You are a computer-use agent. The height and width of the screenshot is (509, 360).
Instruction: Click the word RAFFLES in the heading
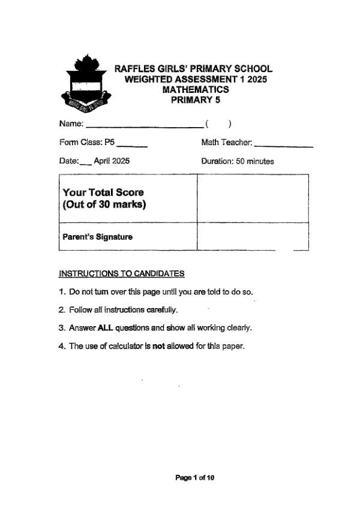[x=135, y=69]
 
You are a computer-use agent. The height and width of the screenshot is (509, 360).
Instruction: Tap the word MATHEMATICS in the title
[x=196, y=89]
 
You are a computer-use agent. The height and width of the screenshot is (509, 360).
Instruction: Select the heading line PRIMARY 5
[x=196, y=100]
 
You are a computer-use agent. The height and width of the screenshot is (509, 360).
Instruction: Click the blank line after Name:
[x=144, y=125]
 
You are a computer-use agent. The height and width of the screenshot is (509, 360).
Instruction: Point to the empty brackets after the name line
[x=218, y=124]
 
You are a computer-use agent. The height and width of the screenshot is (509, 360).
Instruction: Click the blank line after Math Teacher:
[x=283, y=144]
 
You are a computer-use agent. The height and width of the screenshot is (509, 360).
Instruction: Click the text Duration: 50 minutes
[x=238, y=161]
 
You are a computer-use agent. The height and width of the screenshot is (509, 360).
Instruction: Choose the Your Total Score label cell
[x=128, y=198]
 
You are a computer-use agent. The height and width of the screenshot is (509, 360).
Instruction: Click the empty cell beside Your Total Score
[x=252, y=198]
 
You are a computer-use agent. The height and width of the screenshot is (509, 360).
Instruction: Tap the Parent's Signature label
[x=98, y=237]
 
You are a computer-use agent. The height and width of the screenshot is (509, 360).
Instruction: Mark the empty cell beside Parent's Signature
[x=252, y=236]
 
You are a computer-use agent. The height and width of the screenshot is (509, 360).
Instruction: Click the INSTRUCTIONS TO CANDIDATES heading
[x=122, y=274]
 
